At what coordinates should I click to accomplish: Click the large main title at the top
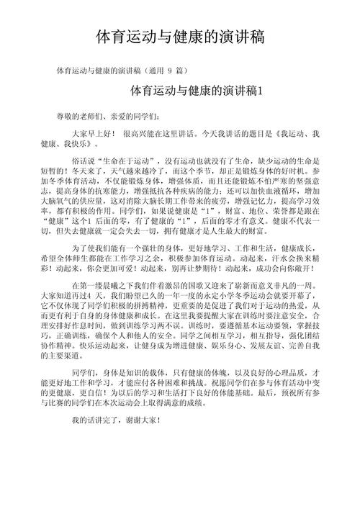tap(180, 37)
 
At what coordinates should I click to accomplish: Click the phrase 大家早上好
tap(92, 135)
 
